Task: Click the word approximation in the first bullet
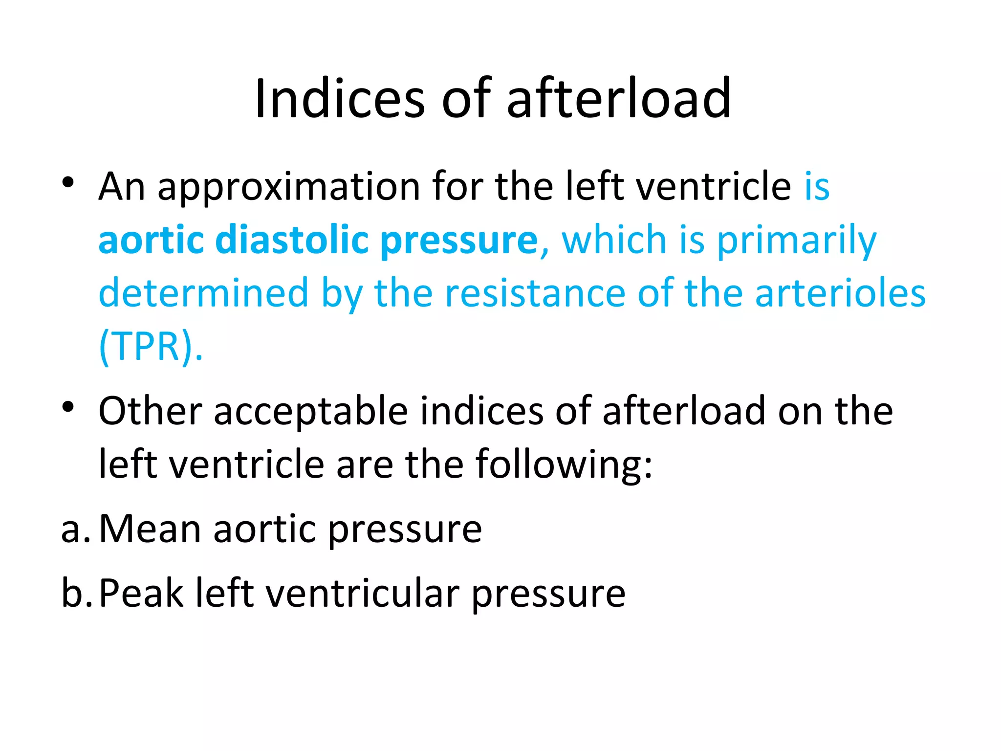tap(289, 187)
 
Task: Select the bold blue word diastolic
tap(292, 240)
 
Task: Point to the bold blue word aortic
tap(151, 240)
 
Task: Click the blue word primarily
tap(797, 241)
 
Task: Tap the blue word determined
tap(203, 293)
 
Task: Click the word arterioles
tap(840, 293)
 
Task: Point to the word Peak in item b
tap(141, 593)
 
